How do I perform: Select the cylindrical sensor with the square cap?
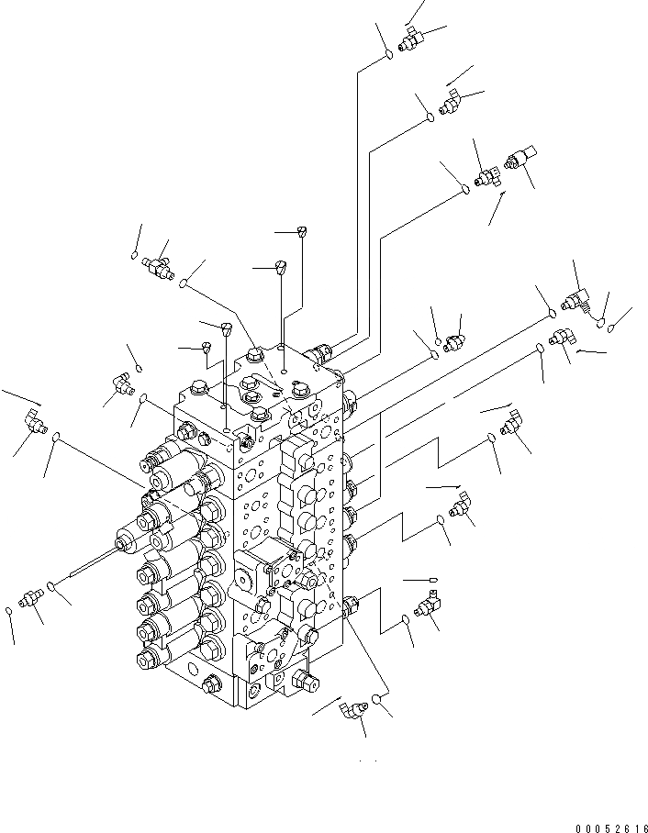pos(521,159)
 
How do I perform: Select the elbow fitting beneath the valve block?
pos(349,709)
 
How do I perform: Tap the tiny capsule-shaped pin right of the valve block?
pos(431,581)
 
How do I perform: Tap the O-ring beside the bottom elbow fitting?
pos(376,704)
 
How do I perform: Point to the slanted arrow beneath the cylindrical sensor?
pos(497,208)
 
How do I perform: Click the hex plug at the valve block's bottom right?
pos(308,680)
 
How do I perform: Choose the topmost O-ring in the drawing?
pos(388,54)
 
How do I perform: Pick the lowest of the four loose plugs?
pos(208,346)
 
